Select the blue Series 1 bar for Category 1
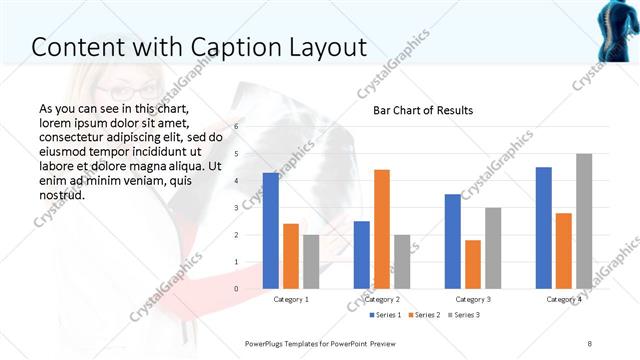tap(271, 231)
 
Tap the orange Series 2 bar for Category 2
tap(382, 230)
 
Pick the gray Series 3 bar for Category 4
tap(584, 221)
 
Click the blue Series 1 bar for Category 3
tap(453, 242)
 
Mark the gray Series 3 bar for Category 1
tap(311, 262)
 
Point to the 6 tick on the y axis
tap(236, 126)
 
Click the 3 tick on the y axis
tap(236, 208)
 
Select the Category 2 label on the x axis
tap(382, 299)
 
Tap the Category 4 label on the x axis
tap(564, 299)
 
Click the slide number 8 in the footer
tap(590, 343)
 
